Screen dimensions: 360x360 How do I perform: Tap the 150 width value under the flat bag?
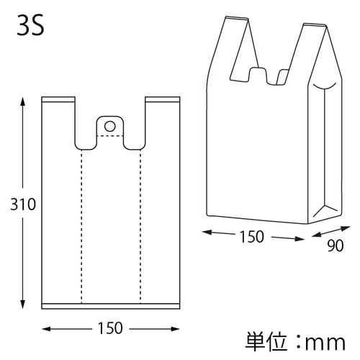(109, 329)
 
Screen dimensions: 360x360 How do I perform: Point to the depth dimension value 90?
(336, 246)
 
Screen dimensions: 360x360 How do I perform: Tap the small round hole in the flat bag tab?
(109, 126)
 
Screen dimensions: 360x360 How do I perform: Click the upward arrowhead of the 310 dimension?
(23, 102)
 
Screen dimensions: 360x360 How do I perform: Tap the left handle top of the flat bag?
(58, 99)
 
